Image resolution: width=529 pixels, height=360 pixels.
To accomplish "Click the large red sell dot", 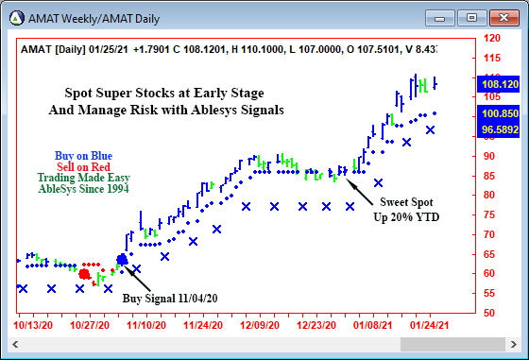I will coord(84,274).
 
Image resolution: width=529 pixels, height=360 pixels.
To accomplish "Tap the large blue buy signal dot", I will coord(122,260).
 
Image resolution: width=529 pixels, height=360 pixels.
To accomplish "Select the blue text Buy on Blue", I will coord(83,154).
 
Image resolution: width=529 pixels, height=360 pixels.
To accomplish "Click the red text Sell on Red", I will coord(83,166).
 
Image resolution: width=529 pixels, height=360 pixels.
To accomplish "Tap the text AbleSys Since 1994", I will coord(83,189).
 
